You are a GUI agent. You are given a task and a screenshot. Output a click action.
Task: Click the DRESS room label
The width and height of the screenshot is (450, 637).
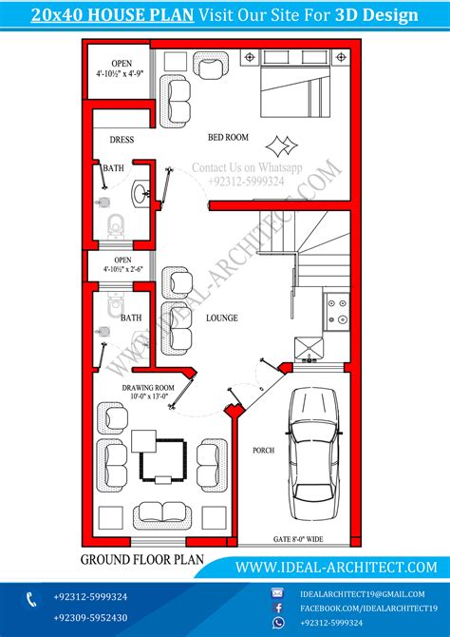[122, 140]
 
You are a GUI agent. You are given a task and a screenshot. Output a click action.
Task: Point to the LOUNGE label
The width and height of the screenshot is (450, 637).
[221, 318]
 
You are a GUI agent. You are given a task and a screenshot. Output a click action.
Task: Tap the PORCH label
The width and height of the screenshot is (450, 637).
[263, 450]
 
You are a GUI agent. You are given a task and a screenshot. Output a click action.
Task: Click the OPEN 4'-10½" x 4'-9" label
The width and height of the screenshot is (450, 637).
[119, 69]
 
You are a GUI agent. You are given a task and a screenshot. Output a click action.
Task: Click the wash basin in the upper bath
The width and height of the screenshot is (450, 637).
[140, 193]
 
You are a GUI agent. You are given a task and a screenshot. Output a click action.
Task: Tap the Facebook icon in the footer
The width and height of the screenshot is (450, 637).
[279, 606]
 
